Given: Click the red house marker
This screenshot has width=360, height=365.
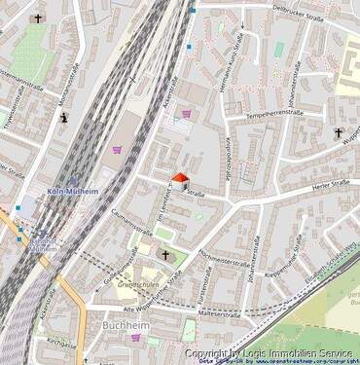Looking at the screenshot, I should pos(179,180).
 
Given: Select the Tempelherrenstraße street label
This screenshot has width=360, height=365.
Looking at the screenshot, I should pos(275,114).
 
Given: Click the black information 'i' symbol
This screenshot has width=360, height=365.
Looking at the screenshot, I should pos(64,119).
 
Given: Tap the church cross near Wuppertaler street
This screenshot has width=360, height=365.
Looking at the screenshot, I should pos(339,132).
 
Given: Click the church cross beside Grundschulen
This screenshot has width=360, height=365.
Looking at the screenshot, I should pos(165,255).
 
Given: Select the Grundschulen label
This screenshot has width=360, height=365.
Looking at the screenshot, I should pos(137,285).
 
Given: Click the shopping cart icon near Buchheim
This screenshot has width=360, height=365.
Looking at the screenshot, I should pos(136,338).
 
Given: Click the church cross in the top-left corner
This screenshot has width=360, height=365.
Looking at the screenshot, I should pos(39,18).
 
